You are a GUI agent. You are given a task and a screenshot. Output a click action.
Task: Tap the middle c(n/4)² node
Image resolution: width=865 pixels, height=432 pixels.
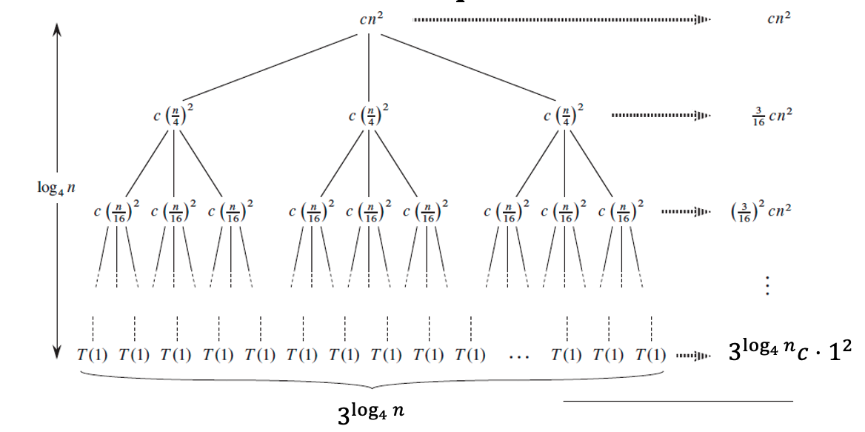[369, 116]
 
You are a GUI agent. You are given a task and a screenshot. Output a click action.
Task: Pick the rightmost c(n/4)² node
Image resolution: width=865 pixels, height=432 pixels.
[564, 116]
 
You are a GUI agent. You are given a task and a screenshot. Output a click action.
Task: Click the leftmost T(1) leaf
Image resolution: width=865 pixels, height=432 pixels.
[93, 355]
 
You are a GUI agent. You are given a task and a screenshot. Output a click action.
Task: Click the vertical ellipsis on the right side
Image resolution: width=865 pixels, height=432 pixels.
[768, 285]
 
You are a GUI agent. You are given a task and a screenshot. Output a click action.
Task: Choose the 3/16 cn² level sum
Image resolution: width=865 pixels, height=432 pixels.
[771, 116]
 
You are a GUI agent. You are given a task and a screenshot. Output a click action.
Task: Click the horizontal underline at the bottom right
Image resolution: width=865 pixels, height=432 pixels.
[678, 401]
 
